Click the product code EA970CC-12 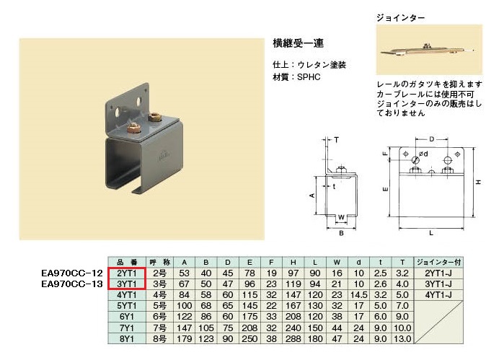pyautogui.click(x=72, y=273)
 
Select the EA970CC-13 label pyautogui.click(x=72, y=284)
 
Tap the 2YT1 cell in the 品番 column pyautogui.click(x=127, y=273)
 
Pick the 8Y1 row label pyautogui.click(x=127, y=339)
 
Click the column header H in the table pyautogui.click(x=293, y=263)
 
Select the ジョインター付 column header pyautogui.click(x=439, y=262)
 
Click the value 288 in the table pyautogui.click(x=293, y=339)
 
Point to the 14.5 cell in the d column pyautogui.click(x=359, y=295)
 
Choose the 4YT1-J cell pyautogui.click(x=439, y=295)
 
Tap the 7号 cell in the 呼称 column pyautogui.click(x=160, y=328)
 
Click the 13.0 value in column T pyautogui.click(x=402, y=339)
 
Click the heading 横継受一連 pyautogui.click(x=298, y=43)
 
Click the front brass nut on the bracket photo pyautogui.click(x=133, y=128)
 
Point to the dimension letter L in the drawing pyautogui.click(x=431, y=233)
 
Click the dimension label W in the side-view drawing pyautogui.click(x=341, y=217)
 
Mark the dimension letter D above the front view pyautogui.click(x=432, y=139)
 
